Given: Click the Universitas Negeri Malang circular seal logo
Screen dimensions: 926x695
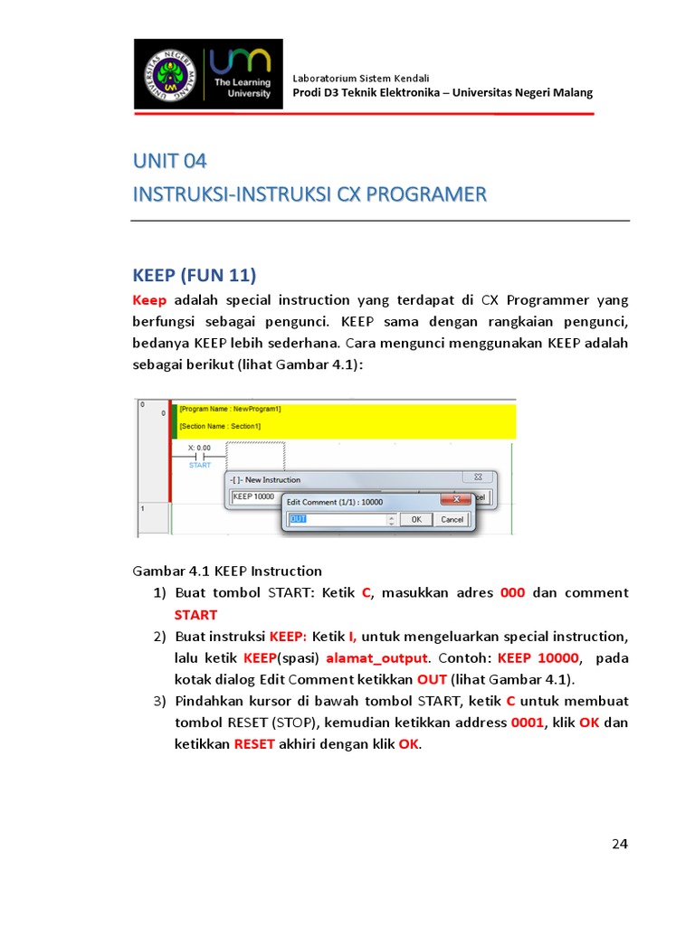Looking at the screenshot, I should tap(172, 75).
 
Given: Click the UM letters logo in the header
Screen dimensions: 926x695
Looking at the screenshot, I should tap(241, 63).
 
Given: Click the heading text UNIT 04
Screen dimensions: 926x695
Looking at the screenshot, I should tap(170, 162).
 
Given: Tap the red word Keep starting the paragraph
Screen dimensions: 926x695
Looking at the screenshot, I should tap(149, 300).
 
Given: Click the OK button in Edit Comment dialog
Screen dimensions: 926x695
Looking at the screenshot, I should tap(415, 520).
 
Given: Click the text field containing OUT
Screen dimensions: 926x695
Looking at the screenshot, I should tap(340, 520).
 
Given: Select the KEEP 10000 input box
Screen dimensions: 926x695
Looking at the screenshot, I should tap(253, 497).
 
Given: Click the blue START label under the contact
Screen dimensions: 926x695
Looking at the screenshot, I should tap(199, 466).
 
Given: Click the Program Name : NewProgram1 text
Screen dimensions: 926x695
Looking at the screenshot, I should tap(231, 409).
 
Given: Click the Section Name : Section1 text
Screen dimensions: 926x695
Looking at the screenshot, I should tap(220, 426).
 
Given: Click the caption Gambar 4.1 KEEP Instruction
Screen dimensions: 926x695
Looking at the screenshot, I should tap(227, 571).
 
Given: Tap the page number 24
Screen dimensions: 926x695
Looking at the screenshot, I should tap(619, 844).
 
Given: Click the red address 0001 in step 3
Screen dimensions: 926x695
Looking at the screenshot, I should tap(528, 723).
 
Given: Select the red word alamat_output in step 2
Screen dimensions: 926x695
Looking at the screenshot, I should tap(376, 657).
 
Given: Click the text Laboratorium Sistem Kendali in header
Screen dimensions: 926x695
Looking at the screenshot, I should tap(361, 79).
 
